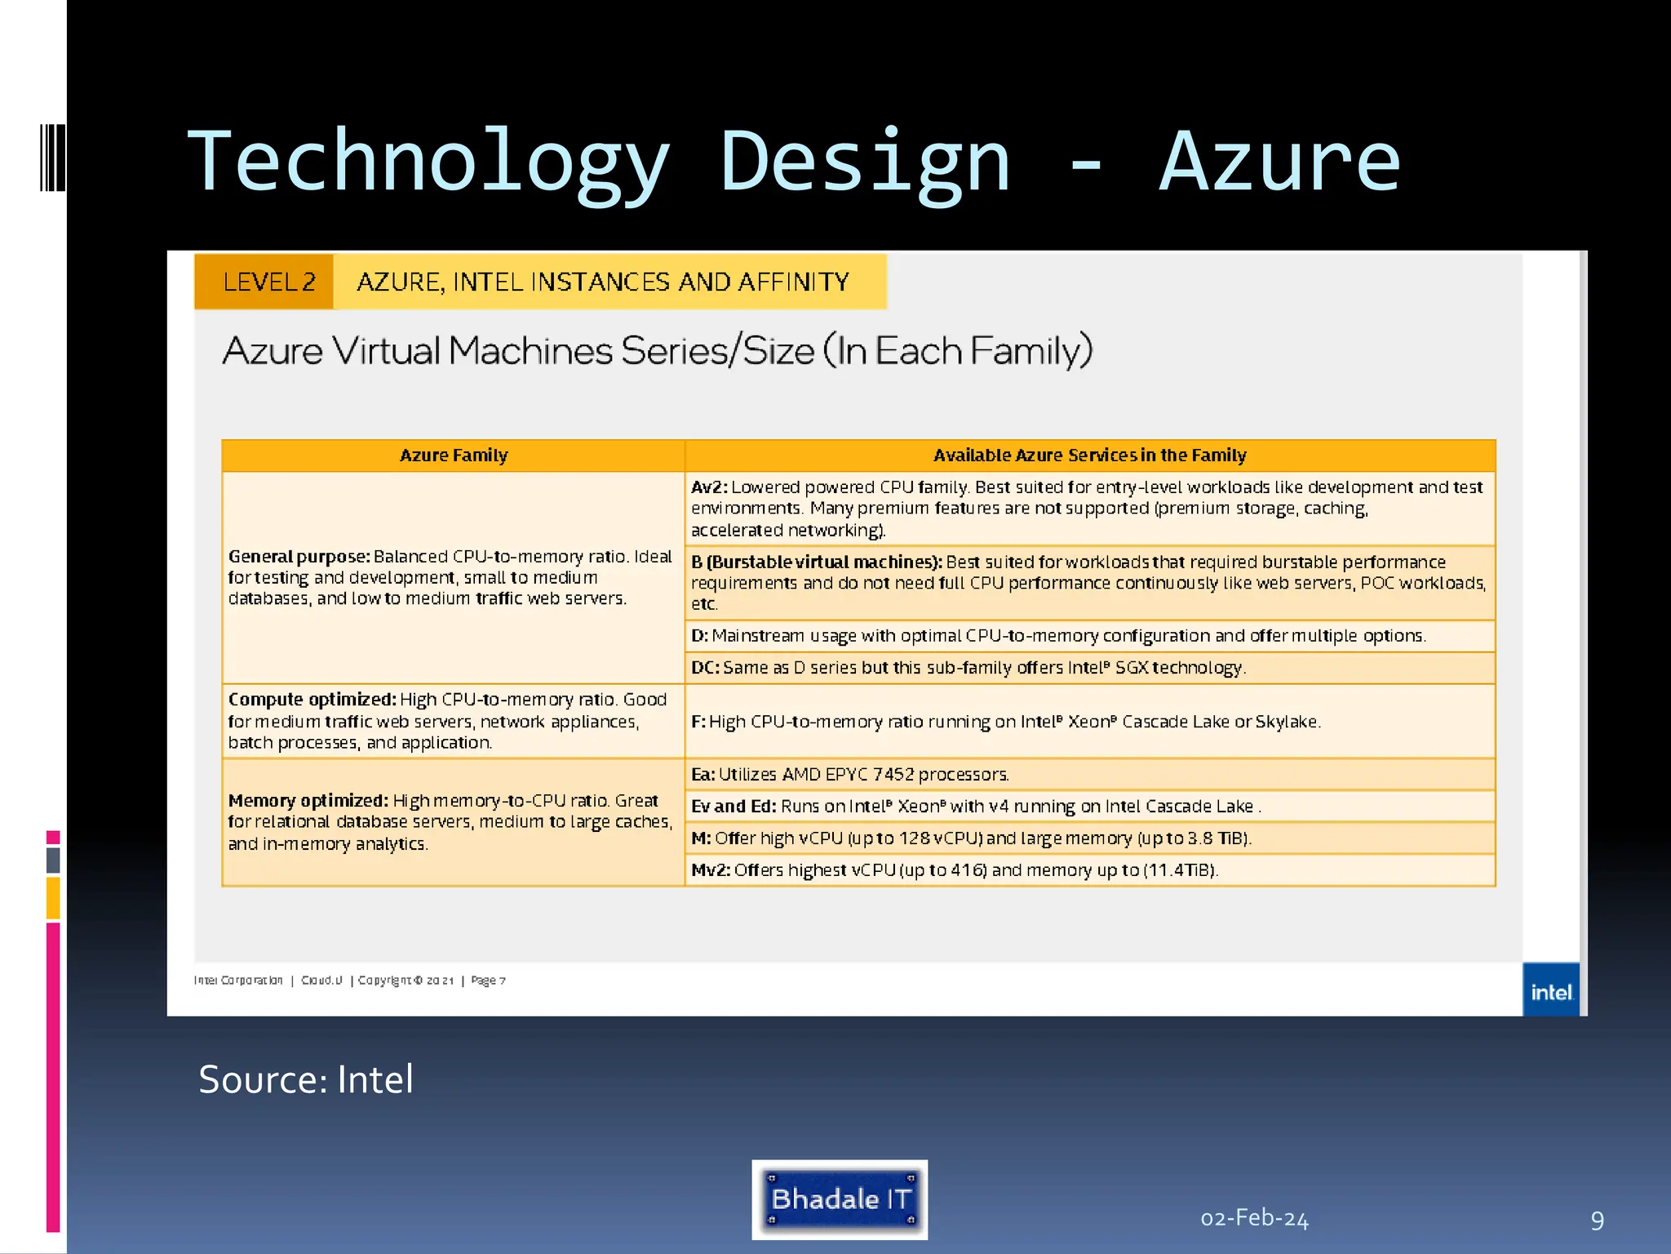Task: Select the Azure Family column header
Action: coord(454,456)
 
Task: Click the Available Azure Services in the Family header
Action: coord(1089,456)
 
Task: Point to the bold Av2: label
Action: coord(709,487)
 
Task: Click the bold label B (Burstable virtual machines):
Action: coord(816,562)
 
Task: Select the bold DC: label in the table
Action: coord(706,668)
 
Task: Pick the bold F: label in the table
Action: coord(698,722)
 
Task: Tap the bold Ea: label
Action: coord(703,774)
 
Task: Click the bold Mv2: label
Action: coord(711,870)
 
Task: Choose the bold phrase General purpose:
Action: coord(299,557)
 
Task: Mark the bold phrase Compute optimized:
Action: coord(312,700)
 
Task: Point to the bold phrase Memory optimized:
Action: coord(308,801)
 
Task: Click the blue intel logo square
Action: coord(1550,990)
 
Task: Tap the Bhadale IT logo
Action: coord(840,1199)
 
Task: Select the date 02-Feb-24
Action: coord(1254,1219)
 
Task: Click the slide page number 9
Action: coord(1597,1221)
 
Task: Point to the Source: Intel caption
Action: coord(306,1079)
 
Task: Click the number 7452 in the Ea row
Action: coord(893,774)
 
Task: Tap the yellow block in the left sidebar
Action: coord(53,897)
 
